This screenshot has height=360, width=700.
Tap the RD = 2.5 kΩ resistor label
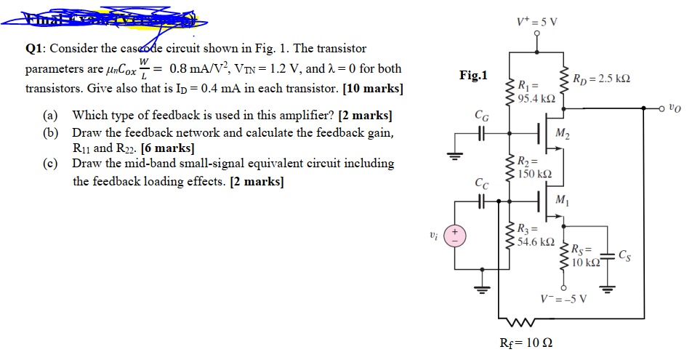(601, 78)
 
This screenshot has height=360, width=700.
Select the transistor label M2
(562, 132)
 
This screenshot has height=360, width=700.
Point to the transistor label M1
(562, 200)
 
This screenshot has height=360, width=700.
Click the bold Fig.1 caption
(474, 75)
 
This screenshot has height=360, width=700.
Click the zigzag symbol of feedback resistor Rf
(522, 319)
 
